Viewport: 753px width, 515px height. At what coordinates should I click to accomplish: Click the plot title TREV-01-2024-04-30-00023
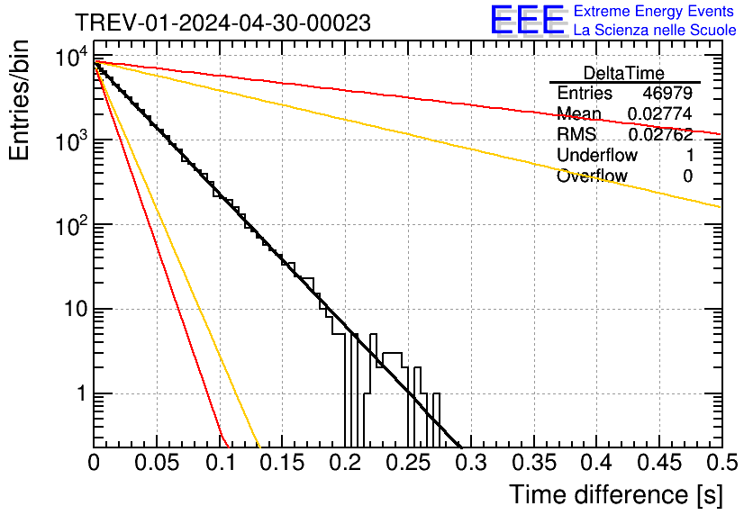tap(222, 23)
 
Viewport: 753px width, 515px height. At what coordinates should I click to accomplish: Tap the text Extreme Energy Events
tap(655, 12)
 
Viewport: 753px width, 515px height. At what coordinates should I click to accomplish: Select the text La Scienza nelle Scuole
tap(655, 31)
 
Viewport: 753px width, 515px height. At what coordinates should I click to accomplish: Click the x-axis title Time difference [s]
tap(615, 494)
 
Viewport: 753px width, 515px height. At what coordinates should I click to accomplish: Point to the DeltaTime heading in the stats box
tap(623, 73)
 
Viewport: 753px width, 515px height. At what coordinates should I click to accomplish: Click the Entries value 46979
tap(667, 94)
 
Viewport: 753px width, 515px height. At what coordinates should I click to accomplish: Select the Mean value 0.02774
tap(659, 114)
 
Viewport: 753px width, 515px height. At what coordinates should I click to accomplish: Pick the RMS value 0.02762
tap(659, 135)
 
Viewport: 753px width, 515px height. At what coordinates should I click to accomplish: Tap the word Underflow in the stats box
tap(597, 156)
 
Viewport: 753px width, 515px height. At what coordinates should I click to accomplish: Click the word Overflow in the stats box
tap(592, 176)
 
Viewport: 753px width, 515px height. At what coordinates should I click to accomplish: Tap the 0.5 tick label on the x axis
tap(721, 463)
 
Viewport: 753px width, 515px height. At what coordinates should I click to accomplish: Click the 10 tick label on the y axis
tap(70, 311)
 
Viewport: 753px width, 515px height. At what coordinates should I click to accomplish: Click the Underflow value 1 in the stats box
tap(688, 156)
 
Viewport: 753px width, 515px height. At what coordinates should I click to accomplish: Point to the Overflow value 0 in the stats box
tap(688, 176)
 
